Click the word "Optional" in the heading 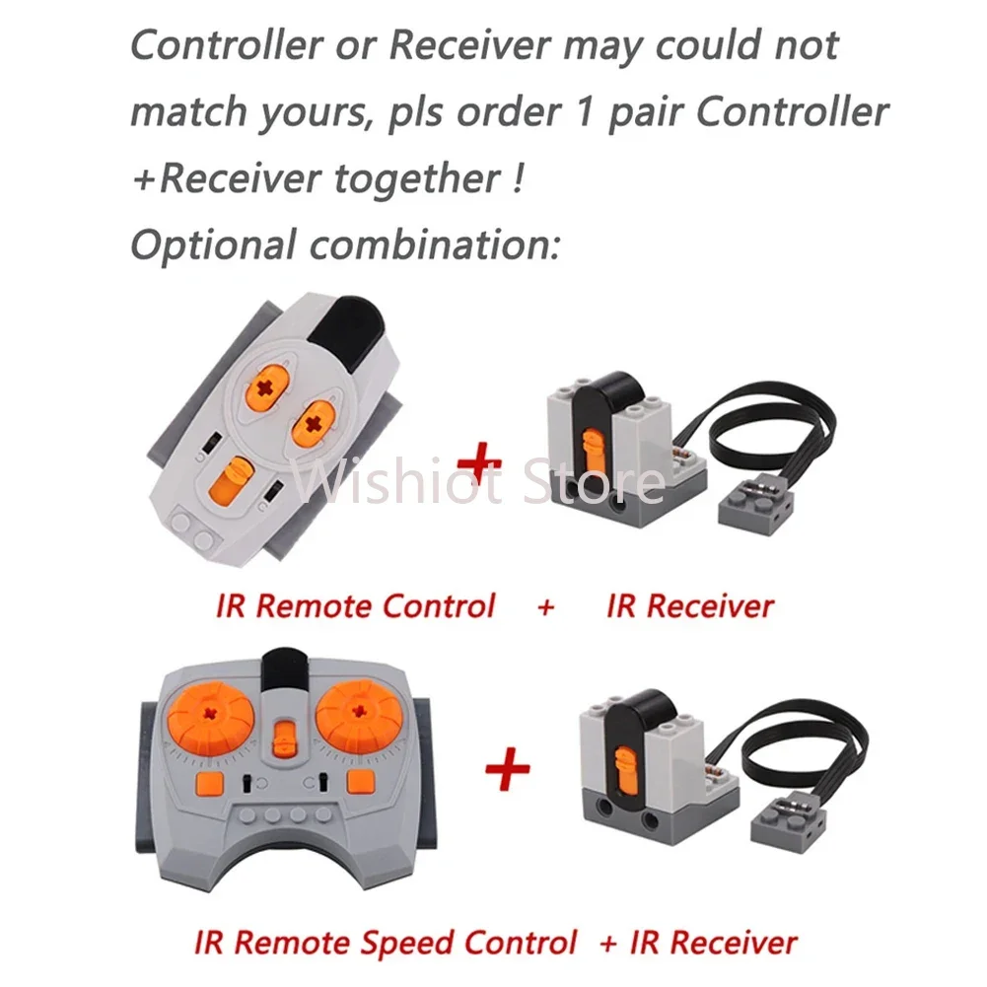[213, 245]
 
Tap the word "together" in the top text [417, 178]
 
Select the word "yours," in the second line [315, 113]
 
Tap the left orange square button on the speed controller [210, 783]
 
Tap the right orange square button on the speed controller [361, 782]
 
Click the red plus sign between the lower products [508, 768]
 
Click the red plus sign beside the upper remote [479, 463]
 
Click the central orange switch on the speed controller [285, 739]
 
